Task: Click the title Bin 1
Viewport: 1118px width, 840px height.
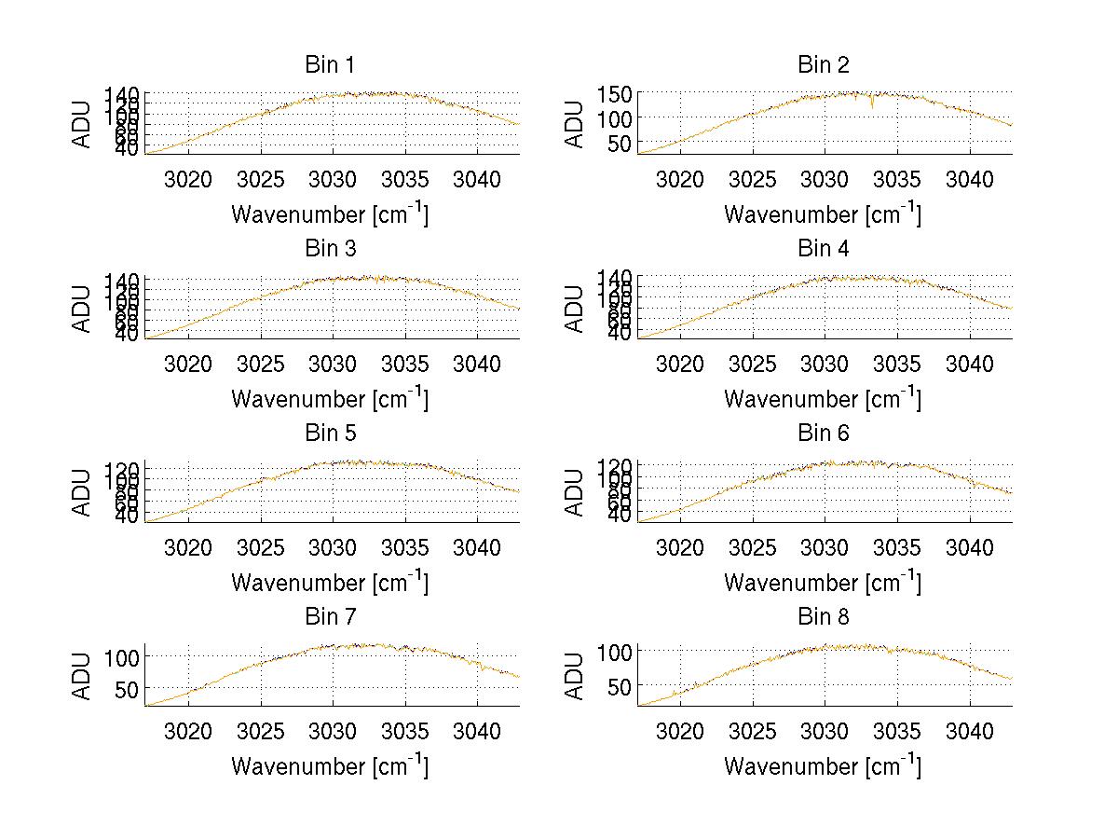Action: [329, 65]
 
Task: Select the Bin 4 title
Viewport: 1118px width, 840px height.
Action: [823, 249]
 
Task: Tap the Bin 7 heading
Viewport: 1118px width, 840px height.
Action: [329, 617]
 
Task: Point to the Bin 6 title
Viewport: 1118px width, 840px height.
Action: [823, 434]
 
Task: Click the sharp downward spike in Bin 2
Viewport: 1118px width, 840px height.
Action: [872, 104]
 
